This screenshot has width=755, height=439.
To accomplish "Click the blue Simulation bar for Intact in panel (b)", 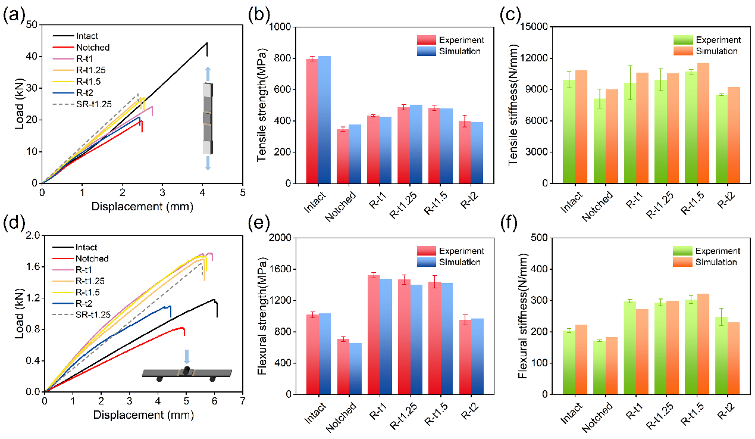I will (324, 120).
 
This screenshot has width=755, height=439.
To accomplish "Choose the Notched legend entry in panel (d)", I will (92, 259).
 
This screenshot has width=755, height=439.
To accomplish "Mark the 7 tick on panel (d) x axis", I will (242, 401).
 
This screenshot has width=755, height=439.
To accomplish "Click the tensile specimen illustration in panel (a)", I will (207, 119).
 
